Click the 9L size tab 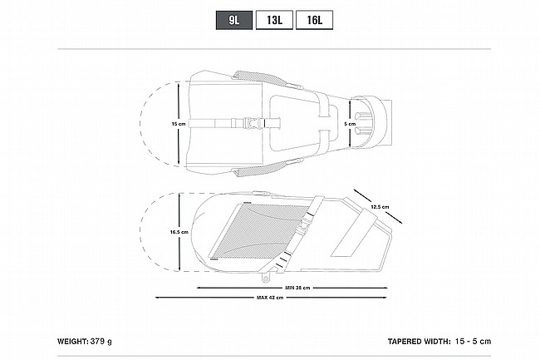pos(234,20)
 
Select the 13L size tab pos(274,20)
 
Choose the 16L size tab pos(314,20)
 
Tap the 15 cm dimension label pos(179,124)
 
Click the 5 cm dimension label pos(350,124)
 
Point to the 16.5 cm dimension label pos(179,232)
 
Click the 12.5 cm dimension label pos(380,207)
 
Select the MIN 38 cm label pos(297,288)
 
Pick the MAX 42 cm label pos(270,298)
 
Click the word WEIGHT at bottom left pos(73,342)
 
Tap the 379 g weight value pos(101,342)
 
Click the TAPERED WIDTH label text pos(419,342)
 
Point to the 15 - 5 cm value pos(473,342)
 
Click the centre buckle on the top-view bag pos(251,123)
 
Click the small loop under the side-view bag pos(266,278)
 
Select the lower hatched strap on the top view pos(261,169)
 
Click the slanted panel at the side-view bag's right pos(354,234)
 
